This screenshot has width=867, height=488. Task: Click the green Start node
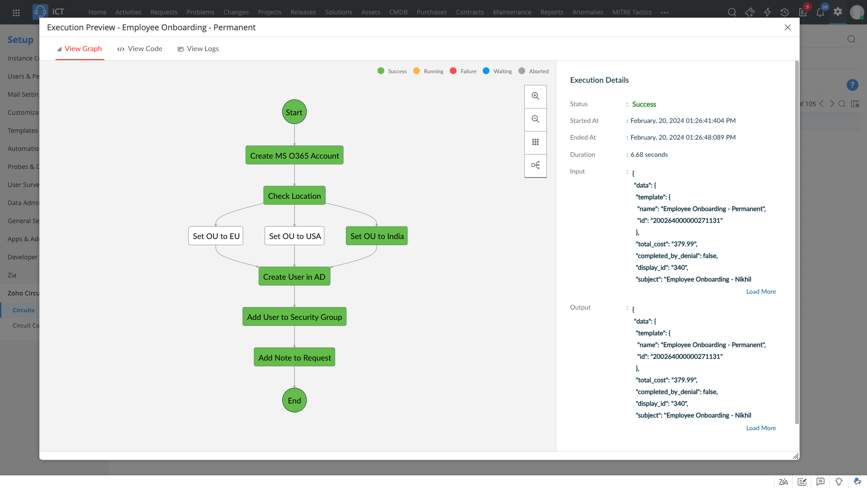pyautogui.click(x=294, y=112)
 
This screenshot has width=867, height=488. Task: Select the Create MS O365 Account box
pyautogui.click(x=294, y=155)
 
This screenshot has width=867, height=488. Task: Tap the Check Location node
pyautogui.click(x=294, y=196)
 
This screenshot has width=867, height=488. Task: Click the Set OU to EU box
pyautogui.click(x=216, y=236)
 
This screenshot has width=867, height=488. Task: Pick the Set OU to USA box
pyautogui.click(x=294, y=236)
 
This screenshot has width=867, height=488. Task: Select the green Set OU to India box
pyautogui.click(x=377, y=236)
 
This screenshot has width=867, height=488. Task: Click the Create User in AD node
pyautogui.click(x=294, y=277)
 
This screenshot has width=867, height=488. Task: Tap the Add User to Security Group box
pyautogui.click(x=294, y=317)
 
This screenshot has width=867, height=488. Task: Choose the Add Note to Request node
pyautogui.click(x=294, y=357)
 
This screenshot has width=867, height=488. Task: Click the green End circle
pyautogui.click(x=294, y=400)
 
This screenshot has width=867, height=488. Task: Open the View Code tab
pyautogui.click(x=140, y=49)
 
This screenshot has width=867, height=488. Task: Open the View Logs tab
pyautogui.click(x=198, y=49)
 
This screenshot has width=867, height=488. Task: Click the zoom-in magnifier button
pyautogui.click(x=536, y=96)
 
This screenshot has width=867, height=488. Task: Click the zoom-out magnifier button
pyautogui.click(x=536, y=119)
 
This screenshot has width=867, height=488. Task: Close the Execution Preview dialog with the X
pyautogui.click(x=788, y=28)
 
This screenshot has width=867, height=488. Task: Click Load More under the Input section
pyautogui.click(x=761, y=291)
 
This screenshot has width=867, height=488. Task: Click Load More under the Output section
pyautogui.click(x=761, y=428)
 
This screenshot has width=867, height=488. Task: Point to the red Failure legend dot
pyautogui.click(x=453, y=71)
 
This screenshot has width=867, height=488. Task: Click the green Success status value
pyautogui.click(x=644, y=104)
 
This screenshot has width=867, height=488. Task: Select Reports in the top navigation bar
pyautogui.click(x=551, y=12)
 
